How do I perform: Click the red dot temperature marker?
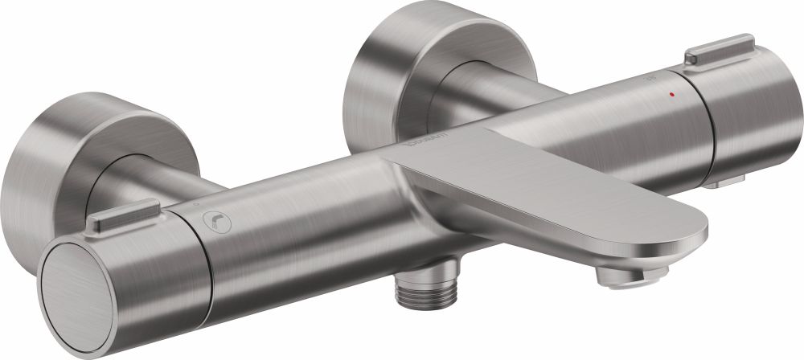(672, 94)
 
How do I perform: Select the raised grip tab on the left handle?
(118, 215)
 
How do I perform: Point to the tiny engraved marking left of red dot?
(652, 81)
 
